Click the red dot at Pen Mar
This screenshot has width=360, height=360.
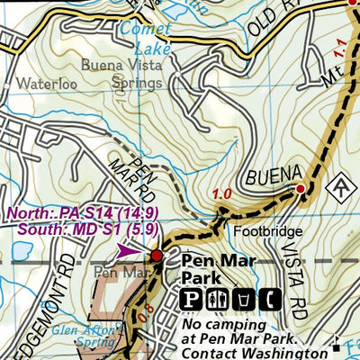(157, 256)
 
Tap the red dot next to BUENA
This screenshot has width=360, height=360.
(301, 189)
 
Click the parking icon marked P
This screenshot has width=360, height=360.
(192, 299)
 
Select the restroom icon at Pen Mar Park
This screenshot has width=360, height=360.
(216, 299)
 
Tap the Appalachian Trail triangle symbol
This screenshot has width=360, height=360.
(340, 187)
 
